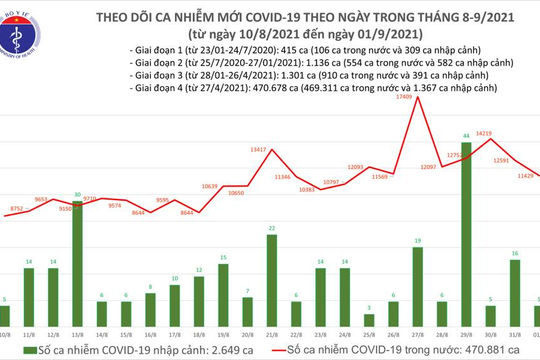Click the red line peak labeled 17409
(405, 98)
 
